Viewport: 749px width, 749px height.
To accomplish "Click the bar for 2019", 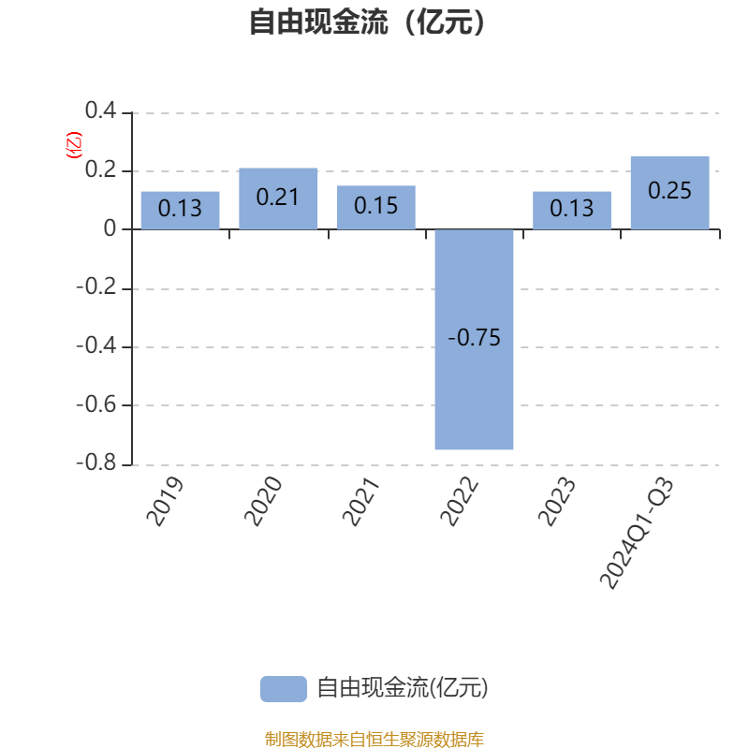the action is point(180,210).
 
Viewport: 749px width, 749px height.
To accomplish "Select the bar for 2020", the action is point(278,198).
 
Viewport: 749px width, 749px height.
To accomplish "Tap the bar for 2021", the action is point(376,207).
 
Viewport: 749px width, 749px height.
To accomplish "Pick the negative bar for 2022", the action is point(474,339).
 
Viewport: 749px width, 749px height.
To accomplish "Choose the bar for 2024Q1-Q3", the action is point(669,193).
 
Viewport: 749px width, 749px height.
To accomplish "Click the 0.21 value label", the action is point(277,198).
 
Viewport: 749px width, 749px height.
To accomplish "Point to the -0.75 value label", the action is point(475,338).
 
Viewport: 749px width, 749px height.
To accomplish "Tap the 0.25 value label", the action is point(669,191).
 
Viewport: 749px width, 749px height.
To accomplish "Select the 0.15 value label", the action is point(376,206).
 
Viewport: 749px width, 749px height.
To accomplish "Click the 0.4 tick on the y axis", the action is point(101,110).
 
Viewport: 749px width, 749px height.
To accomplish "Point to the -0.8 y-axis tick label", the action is point(96,463).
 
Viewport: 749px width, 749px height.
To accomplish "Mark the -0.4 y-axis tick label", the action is point(96,345).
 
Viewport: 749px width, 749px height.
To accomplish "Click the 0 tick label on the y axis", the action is point(110,228).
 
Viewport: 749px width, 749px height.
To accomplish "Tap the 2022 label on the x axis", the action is point(459,502).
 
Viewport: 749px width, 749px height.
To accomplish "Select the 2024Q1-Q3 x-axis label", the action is point(638,533).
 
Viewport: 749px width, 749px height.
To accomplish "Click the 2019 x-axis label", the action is point(165,502).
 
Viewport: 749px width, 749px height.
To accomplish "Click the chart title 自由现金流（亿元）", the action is point(368,22).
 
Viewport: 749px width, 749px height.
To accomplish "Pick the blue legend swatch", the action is point(284,689).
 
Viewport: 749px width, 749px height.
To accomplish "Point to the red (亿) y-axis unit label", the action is point(74,145).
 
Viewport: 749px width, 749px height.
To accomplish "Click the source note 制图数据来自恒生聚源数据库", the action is point(374,739).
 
